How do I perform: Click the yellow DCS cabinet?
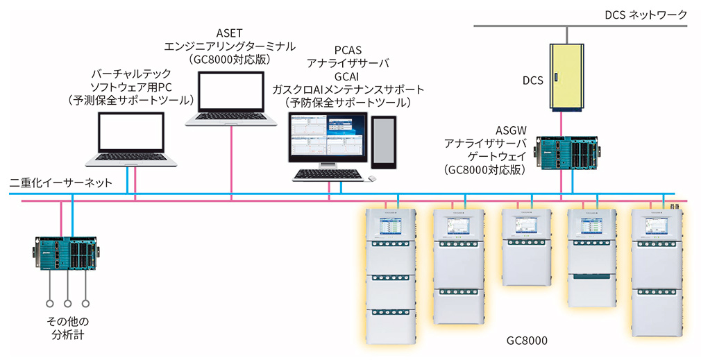pyautogui.click(x=568, y=77)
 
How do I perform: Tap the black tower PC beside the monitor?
pyautogui.click(x=384, y=142)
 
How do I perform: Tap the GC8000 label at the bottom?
pyautogui.click(x=530, y=343)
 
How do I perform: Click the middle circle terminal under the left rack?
pyautogui.click(x=67, y=303)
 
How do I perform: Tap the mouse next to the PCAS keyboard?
pyautogui.click(x=372, y=179)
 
